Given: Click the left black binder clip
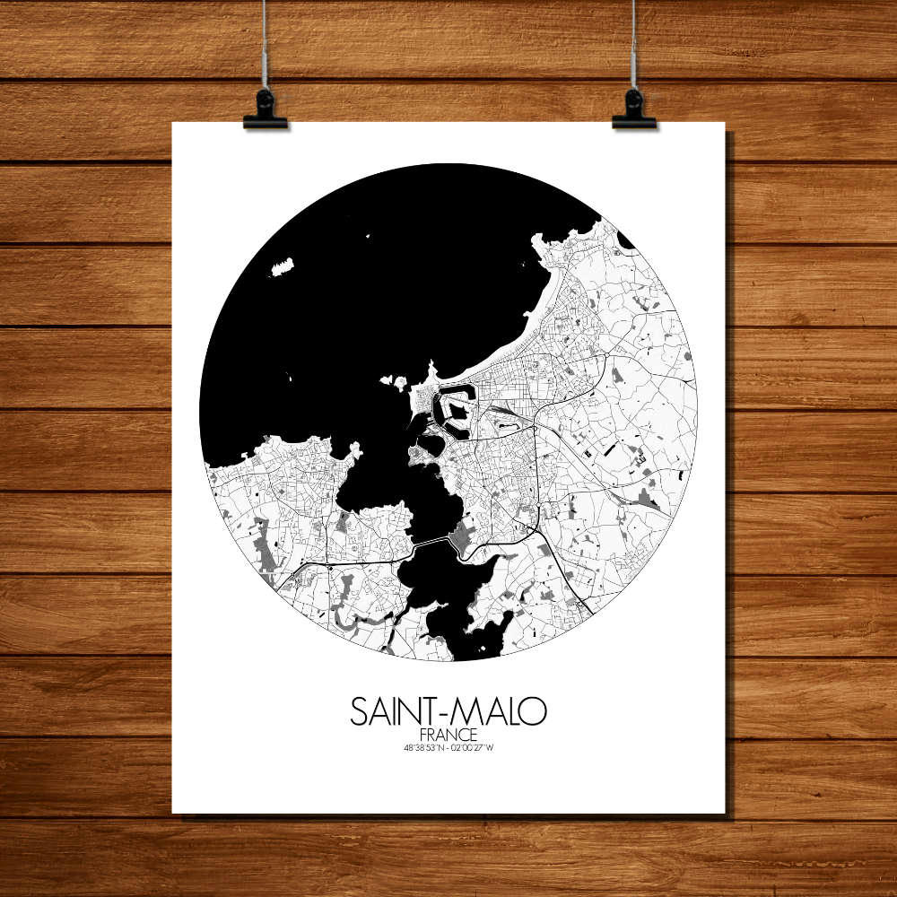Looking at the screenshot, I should (x=265, y=110).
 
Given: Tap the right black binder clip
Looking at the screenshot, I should (x=634, y=110).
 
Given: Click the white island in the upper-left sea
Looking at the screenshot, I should (x=283, y=266).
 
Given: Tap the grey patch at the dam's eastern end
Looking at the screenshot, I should (x=461, y=539).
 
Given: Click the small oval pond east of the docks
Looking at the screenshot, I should (x=431, y=444).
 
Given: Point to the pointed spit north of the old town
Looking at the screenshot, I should (x=432, y=370).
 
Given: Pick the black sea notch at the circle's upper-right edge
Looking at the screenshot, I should (x=626, y=240).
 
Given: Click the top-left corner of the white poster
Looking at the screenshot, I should (x=173, y=124).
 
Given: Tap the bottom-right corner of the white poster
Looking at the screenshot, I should (x=724, y=813).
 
